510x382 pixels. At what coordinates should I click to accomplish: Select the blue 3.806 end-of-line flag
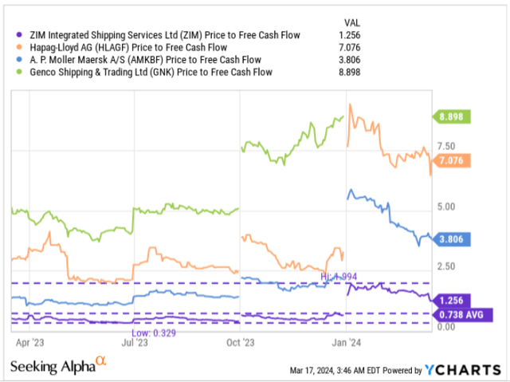(x=452, y=238)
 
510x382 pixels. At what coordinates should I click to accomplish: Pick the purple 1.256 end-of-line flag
(x=452, y=300)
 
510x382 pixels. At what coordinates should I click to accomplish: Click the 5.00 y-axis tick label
(x=446, y=207)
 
